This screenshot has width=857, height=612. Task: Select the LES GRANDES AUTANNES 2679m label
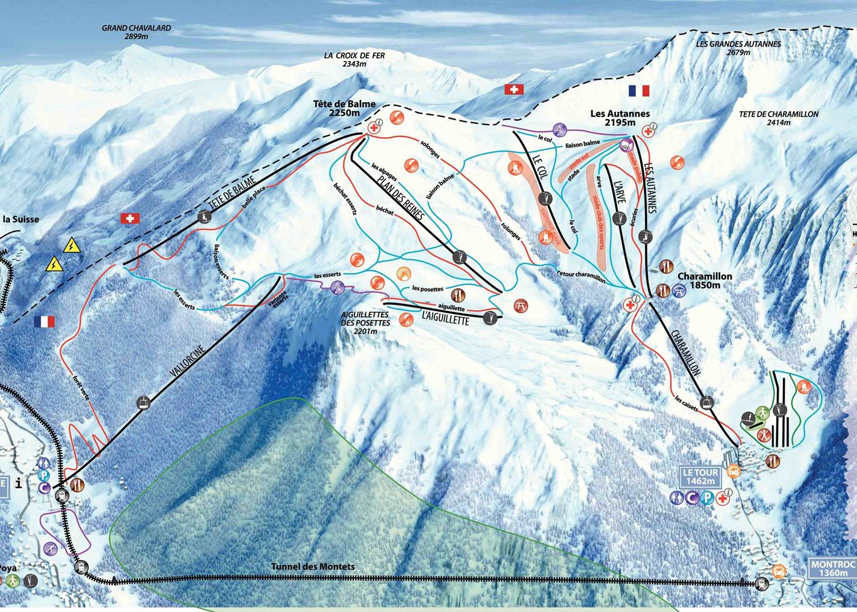[x=738, y=48]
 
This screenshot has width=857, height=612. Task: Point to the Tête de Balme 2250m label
[x=344, y=109]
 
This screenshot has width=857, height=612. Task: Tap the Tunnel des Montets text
[x=313, y=567]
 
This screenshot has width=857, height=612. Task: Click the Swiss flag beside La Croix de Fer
[x=514, y=89]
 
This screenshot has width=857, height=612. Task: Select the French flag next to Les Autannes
[x=638, y=91]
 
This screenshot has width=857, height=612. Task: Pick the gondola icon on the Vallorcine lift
[x=143, y=403]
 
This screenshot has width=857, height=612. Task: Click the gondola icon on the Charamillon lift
[x=708, y=402]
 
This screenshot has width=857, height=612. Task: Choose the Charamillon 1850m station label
[x=704, y=281]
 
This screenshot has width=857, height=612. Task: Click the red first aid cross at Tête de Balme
[x=373, y=129]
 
